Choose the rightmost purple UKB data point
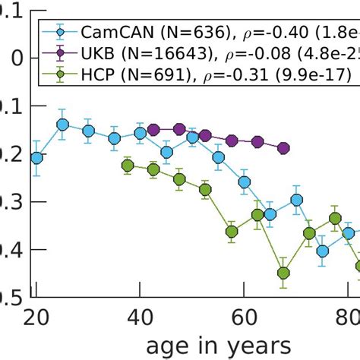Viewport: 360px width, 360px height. click(x=283, y=148)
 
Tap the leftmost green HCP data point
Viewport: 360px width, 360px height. click(x=128, y=166)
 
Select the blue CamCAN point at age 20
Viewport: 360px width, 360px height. click(x=36, y=158)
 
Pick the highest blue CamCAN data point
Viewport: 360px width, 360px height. click(x=62, y=125)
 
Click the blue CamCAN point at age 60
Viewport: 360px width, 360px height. click(x=245, y=182)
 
